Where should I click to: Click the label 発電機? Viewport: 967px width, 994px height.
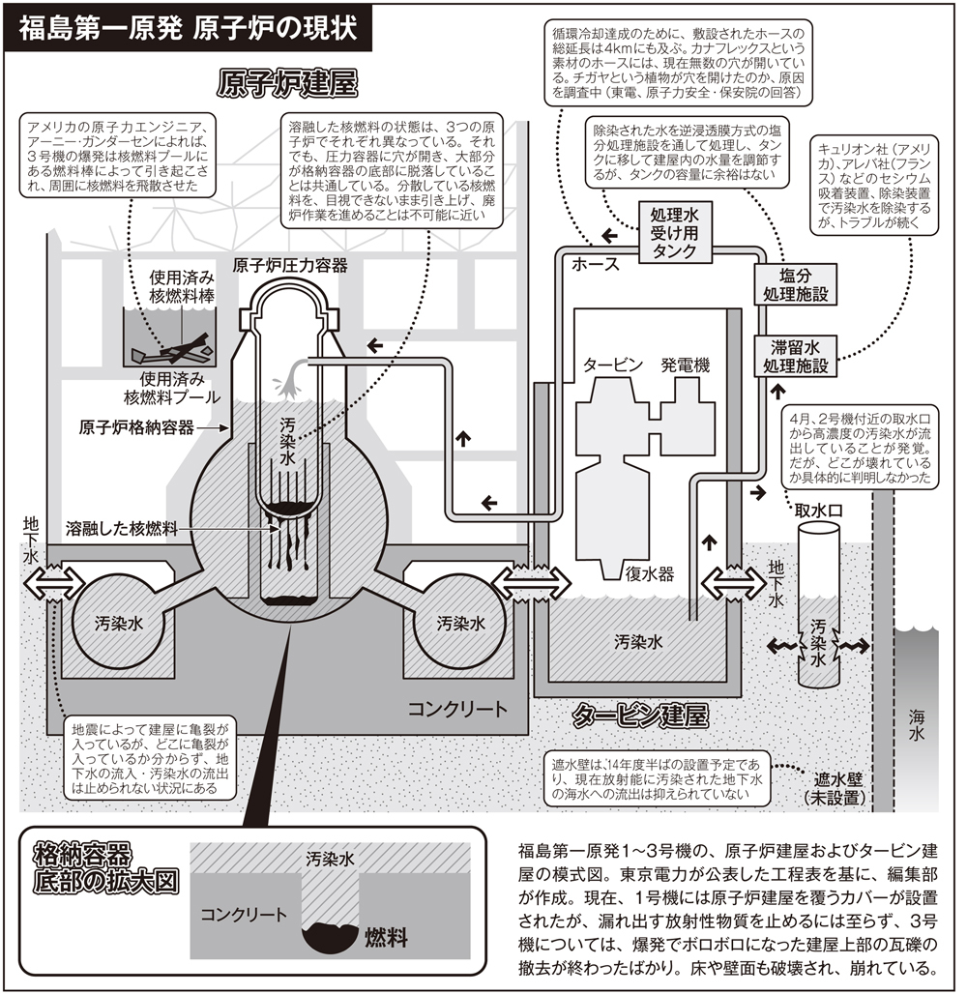[685, 365]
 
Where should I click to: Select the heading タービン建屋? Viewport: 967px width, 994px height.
[639, 716]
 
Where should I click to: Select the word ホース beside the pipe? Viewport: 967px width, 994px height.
[597, 263]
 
